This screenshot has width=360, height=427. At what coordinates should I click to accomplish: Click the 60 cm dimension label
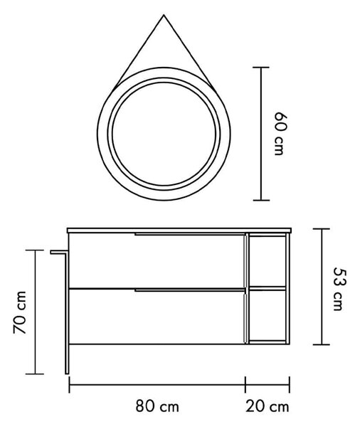tap(280, 134)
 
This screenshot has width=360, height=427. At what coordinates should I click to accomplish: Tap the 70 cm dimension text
tap(20, 312)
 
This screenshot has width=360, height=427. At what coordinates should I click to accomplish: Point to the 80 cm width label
tap(157, 406)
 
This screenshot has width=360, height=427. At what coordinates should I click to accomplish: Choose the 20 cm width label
tap(268, 406)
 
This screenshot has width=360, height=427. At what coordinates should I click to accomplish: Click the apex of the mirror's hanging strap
tap(164, 15)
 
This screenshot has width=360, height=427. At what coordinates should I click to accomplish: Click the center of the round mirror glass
tap(164, 134)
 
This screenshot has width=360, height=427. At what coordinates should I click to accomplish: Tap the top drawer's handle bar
tap(191, 234)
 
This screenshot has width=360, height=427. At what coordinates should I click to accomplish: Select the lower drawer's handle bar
tap(191, 290)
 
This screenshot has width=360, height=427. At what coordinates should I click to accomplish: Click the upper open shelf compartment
tap(267, 261)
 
